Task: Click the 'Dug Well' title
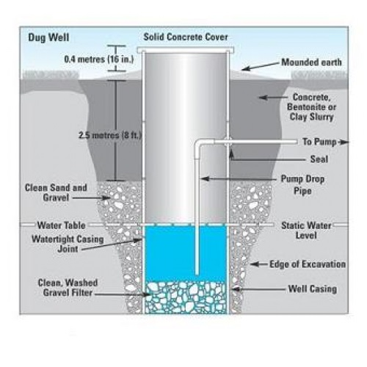[x=48, y=37]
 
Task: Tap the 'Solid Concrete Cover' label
[x=186, y=37]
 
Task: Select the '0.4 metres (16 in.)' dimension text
[x=99, y=59]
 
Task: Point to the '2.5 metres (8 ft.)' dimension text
[x=110, y=135]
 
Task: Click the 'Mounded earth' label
[x=311, y=62]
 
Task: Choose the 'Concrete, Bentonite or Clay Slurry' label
[x=312, y=107]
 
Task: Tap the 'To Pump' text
[x=319, y=142]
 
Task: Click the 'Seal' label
[x=319, y=159]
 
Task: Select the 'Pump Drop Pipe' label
[x=302, y=185]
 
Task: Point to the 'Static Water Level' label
[x=306, y=230]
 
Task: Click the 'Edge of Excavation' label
[x=308, y=264]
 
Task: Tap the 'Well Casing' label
[x=313, y=288]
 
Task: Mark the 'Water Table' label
[x=61, y=225]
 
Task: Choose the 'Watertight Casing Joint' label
[x=68, y=244]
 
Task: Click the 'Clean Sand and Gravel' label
[x=56, y=192]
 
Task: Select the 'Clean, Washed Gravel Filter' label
[x=68, y=288]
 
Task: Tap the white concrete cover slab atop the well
[x=186, y=50]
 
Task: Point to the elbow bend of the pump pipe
[x=200, y=144]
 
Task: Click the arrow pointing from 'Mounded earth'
[x=261, y=66]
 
